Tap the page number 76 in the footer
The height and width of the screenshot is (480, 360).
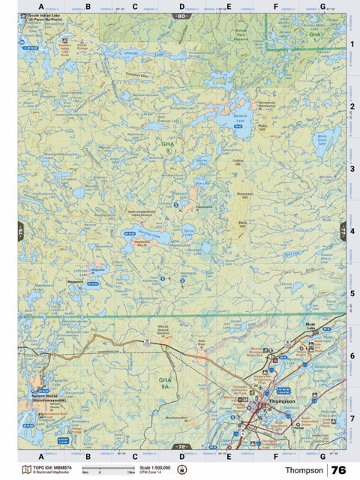(338, 469)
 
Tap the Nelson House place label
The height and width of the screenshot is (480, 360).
(48, 395)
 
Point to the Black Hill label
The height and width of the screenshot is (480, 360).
(242, 224)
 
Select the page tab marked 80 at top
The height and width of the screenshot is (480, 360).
(181, 15)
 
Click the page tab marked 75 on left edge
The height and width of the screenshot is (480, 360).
(20, 233)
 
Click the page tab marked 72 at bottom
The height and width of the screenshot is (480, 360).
(181, 447)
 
